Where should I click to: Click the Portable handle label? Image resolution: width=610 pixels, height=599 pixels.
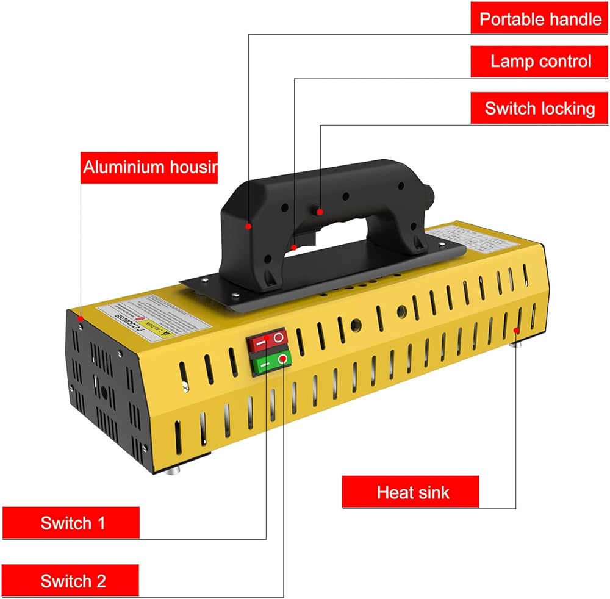(x=540, y=19)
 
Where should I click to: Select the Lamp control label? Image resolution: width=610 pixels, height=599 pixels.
(x=540, y=62)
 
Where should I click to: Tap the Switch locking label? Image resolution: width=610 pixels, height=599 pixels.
(x=540, y=109)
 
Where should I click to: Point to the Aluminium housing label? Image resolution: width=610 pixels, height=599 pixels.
(x=149, y=167)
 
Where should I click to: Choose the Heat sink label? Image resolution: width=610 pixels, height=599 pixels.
(x=410, y=492)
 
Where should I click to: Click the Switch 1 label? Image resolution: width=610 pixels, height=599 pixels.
(x=72, y=523)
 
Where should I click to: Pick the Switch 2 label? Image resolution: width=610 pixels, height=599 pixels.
(x=72, y=580)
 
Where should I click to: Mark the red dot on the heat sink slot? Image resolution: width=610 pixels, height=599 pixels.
(x=516, y=330)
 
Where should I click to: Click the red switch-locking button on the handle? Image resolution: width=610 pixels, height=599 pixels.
(x=318, y=211)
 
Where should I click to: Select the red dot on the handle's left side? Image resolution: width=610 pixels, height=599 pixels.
(x=248, y=226)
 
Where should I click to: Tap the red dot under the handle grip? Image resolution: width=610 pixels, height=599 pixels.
(x=293, y=247)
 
